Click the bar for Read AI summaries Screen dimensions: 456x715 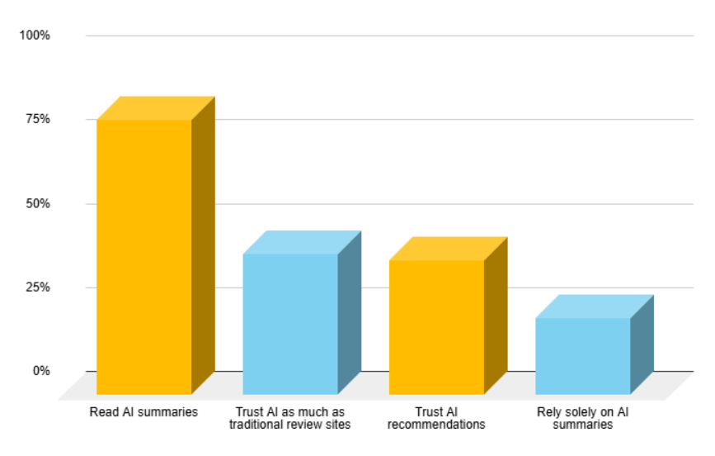click(x=144, y=256)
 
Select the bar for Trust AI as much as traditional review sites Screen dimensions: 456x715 click(x=290, y=324)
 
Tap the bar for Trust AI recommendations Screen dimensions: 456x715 click(x=436, y=327)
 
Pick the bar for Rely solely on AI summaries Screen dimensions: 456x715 click(x=582, y=356)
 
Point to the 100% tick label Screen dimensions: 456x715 click(x=35, y=36)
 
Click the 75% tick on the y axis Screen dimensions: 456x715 click(x=37, y=119)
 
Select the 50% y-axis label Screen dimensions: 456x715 click(x=37, y=203)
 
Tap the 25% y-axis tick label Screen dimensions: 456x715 click(x=37, y=287)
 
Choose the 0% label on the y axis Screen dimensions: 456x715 click(x=41, y=371)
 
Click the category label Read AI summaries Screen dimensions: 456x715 click(x=143, y=412)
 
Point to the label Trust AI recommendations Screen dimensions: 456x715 click(x=436, y=418)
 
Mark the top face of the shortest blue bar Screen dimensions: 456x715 click(x=594, y=306)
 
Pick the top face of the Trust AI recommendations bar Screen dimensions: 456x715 click(x=448, y=249)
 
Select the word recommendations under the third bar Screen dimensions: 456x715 click(x=436, y=425)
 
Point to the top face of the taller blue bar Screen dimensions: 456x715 click(x=302, y=242)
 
